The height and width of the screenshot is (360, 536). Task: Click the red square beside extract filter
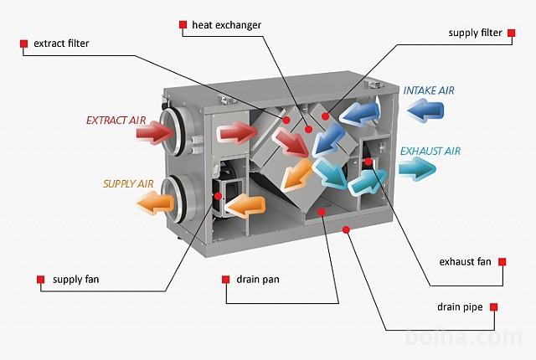pyautogui.click(x=23, y=44)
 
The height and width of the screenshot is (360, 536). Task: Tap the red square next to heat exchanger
pyautogui.click(x=183, y=24)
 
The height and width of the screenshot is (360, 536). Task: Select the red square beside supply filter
pyautogui.click(x=511, y=33)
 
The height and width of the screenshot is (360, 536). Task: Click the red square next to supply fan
pyautogui.click(x=41, y=280)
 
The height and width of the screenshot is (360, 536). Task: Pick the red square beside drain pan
pyautogui.click(x=225, y=280)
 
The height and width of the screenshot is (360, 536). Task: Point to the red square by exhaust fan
pyautogui.click(x=502, y=262)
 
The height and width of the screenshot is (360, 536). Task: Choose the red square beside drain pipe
pyautogui.click(x=493, y=306)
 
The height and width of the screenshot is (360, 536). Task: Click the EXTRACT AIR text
pyautogui.click(x=116, y=121)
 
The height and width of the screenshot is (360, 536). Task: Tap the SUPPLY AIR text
pyautogui.click(x=128, y=183)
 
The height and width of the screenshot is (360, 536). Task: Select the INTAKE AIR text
pyautogui.click(x=429, y=90)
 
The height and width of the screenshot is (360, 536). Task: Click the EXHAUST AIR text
pyautogui.click(x=430, y=151)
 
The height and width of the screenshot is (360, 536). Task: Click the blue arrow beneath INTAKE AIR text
pyautogui.click(x=425, y=110)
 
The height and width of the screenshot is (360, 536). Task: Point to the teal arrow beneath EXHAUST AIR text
pyautogui.click(x=417, y=169)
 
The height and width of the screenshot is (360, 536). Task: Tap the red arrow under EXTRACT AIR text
pyautogui.click(x=155, y=131)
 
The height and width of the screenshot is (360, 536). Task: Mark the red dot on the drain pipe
pyautogui.click(x=346, y=229)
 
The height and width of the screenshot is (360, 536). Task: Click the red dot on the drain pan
pyautogui.click(x=322, y=212)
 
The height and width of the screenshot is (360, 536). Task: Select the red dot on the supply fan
pyautogui.click(x=218, y=196)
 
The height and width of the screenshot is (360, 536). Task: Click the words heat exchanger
pyautogui.click(x=226, y=25)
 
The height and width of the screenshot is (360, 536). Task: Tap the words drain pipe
pyautogui.click(x=460, y=307)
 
